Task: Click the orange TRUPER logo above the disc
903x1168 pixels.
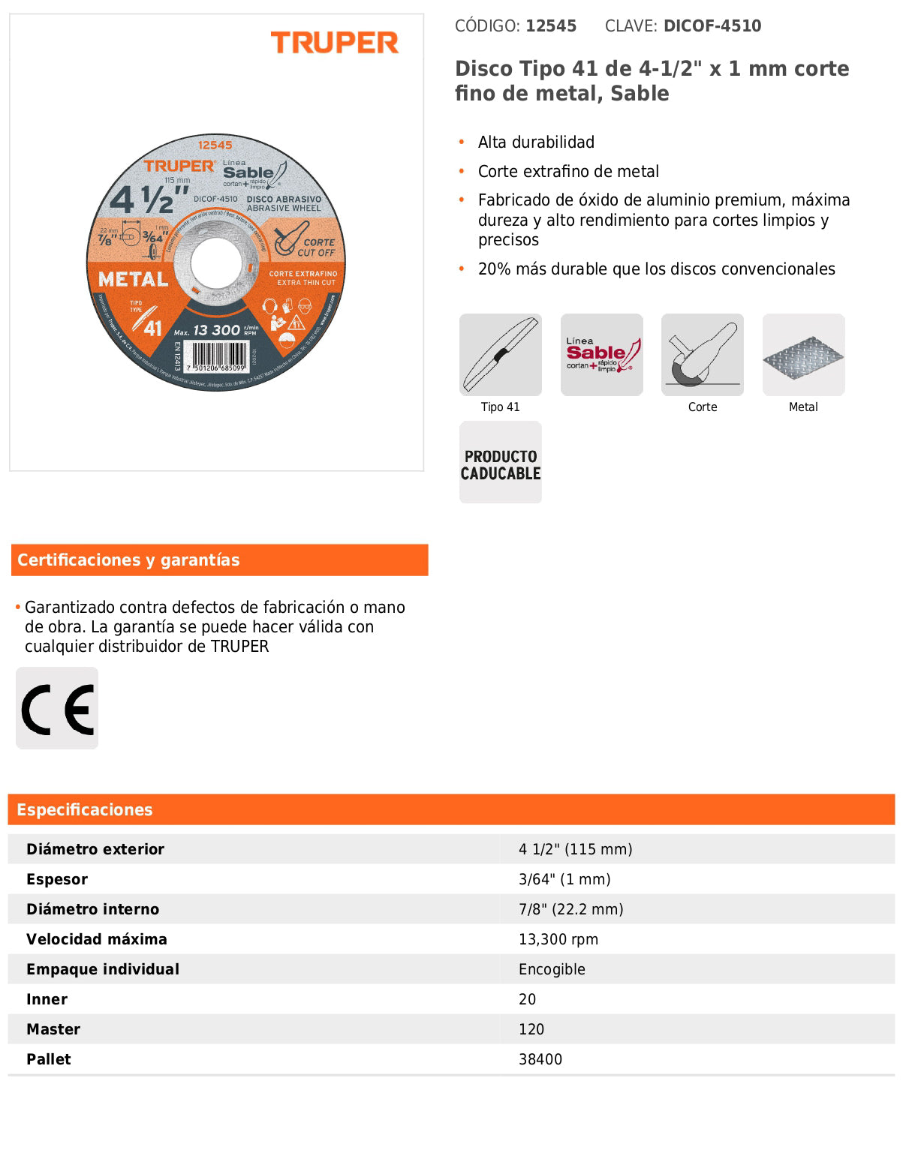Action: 334,43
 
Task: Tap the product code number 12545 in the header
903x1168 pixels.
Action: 551,26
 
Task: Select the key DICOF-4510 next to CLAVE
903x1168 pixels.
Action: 712,26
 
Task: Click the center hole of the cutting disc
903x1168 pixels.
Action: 216,263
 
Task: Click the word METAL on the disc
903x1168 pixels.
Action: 133,280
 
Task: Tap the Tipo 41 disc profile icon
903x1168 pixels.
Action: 500,355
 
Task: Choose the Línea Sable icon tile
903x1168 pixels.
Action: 601,355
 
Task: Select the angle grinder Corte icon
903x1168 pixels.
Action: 702,355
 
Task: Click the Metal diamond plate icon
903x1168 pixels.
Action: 803,355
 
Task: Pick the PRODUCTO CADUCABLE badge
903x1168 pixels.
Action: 500,462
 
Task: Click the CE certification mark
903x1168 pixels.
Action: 57,708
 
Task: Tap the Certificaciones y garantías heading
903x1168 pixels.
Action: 128,560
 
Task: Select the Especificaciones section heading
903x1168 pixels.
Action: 85,810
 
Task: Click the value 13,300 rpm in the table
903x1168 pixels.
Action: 558,939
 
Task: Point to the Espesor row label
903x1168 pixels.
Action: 57,879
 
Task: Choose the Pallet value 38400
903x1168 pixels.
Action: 540,1059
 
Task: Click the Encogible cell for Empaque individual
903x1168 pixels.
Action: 552,969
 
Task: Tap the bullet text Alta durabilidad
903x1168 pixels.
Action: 536,143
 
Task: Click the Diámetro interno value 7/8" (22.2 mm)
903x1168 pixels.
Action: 570,909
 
